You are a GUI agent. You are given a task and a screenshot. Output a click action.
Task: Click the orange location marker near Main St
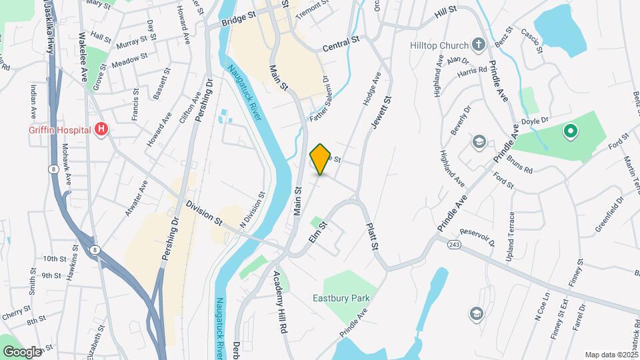coord(321,159)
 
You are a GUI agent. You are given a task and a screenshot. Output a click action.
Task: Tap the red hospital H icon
coord(101,129)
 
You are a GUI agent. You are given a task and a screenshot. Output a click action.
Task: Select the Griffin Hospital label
coord(59,129)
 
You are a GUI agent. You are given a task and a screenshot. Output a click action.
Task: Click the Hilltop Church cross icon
coord(477,45)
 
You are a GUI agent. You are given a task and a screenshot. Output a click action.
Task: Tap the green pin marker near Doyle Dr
coord(570,131)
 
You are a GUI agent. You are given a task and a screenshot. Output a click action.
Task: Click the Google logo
coord(23,351)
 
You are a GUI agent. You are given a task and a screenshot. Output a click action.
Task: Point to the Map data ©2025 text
coord(611,355)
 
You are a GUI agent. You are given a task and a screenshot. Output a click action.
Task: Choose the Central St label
coord(341,44)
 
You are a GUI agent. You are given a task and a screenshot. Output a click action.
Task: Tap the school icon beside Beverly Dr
coord(479,141)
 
